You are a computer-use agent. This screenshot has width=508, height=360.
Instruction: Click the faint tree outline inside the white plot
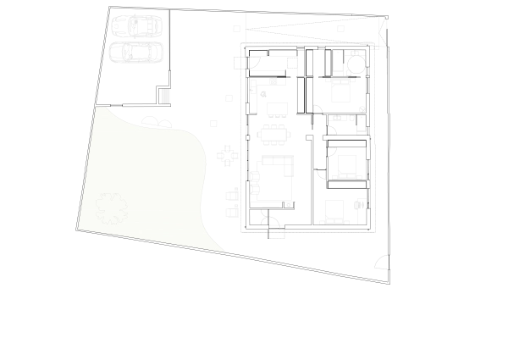pyautogui.click(x=111, y=207)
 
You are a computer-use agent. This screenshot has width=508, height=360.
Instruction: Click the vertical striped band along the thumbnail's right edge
pyautogui.click(x=172, y=40)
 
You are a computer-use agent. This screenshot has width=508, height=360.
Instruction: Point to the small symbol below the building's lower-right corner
pyautogui.click(x=383, y=261)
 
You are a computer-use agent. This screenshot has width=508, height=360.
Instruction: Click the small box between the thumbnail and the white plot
pyautogui.click(x=166, y=97)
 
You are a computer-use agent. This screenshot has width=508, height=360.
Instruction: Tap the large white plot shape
pyautogui.click(x=144, y=178)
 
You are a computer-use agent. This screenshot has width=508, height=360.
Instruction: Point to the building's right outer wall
pyautogui.click(x=373, y=136)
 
